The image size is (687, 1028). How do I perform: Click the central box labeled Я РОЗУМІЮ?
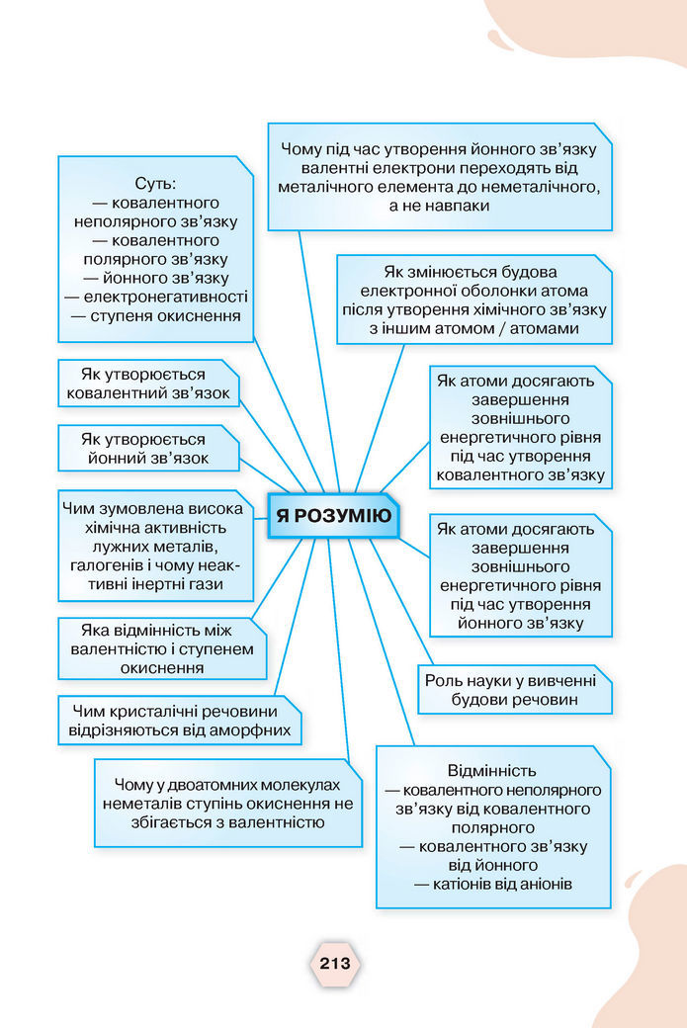(x=333, y=515)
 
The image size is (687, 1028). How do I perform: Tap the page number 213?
(x=336, y=962)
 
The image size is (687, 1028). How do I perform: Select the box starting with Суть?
(x=155, y=249)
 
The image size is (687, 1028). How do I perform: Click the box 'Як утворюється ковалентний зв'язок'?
(x=148, y=384)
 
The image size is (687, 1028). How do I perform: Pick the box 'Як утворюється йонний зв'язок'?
(x=148, y=449)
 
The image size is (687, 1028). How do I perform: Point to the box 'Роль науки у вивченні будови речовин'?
(x=514, y=690)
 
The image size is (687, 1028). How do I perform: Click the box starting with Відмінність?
(x=492, y=826)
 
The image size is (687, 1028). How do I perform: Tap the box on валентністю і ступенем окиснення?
(x=162, y=648)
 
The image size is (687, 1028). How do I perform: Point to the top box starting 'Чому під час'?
(x=439, y=177)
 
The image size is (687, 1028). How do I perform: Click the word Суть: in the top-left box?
(x=155, y=184)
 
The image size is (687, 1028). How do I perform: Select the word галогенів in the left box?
(x=108, y=564)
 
